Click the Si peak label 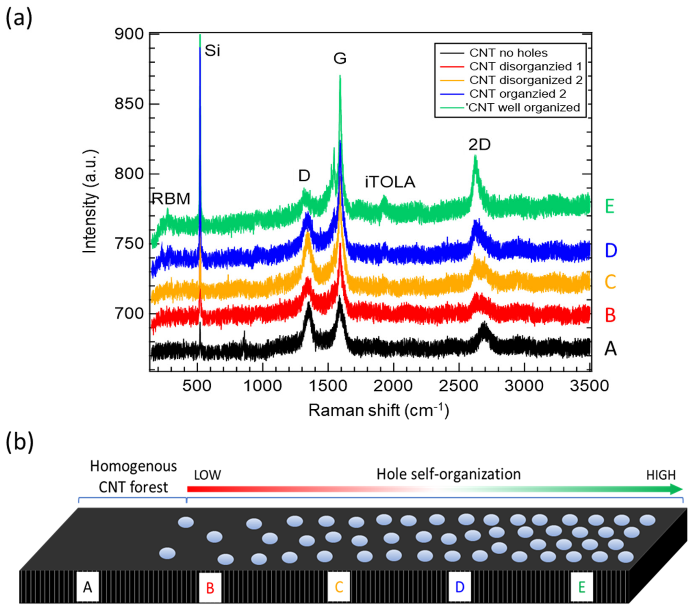pos(212,51)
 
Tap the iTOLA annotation pos(390,182)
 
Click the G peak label pos(340,58)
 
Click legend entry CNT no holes pos(508,53)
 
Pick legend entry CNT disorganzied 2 pos(526,80)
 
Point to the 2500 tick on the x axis pos(458,386)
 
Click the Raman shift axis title pos(378,410)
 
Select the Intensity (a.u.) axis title pos(90,201)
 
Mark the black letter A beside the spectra pos(610,348)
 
